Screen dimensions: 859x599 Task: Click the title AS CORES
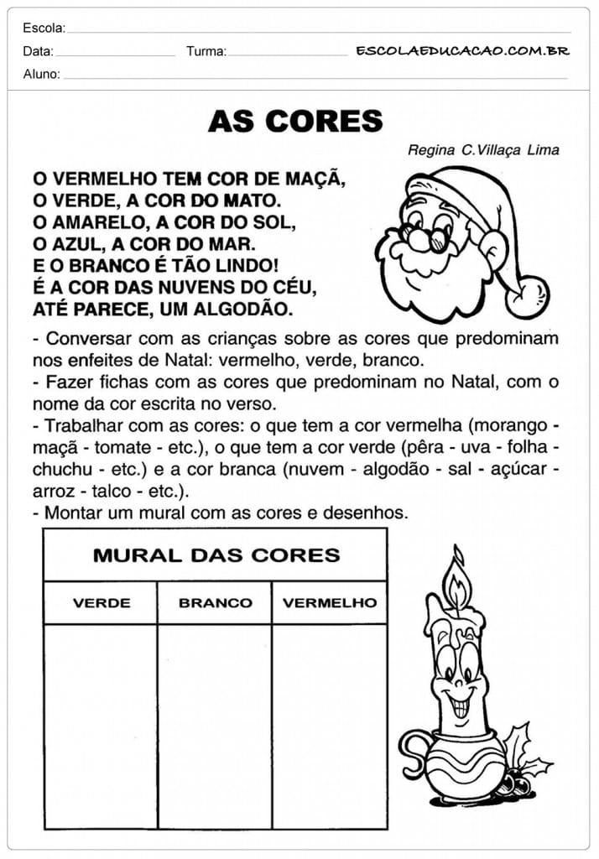(x=295, y=122)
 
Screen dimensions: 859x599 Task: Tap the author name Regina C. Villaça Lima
(x=483, y=150)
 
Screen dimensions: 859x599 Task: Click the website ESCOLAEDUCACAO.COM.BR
(x=462, y=50)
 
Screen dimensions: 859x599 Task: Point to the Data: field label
(x=39, y=51)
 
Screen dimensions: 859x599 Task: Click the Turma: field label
(x=206, y=51)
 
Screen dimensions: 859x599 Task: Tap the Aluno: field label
(x=42, y=74)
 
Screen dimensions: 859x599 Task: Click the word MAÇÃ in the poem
(x=313, y=179)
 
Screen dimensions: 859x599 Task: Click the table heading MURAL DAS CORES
(x=216, y=555)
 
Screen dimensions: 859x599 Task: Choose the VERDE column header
(x=102, y=603)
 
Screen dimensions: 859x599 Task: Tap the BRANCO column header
(x=216, y=603)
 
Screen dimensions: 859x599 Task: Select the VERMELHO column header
(x=330, y=603)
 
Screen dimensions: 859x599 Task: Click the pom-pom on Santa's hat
(x=529, y=297)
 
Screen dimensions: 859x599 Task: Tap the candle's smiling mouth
(x=461, y=704)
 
